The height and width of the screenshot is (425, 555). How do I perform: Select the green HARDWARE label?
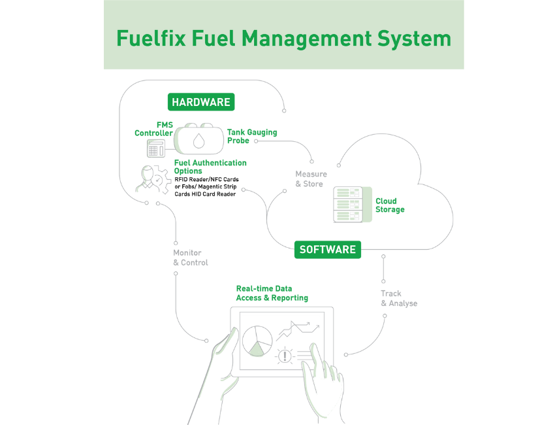[x=201, y=102]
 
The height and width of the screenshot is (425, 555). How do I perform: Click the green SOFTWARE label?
[x=327, y=249]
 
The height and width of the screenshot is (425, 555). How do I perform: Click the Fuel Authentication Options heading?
[x=210, y=166]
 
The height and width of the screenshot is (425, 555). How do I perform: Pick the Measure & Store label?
[x=309, y=178]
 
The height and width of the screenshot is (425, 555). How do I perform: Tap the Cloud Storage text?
[x=390, y=205]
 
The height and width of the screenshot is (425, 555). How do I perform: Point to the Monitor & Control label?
[x=190, y=257]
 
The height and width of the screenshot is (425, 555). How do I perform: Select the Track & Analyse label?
[x=399, y=298]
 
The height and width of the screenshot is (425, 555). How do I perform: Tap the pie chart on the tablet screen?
[x=257, y=341]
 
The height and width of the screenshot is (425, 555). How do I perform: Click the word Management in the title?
[x=285, y=37]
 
